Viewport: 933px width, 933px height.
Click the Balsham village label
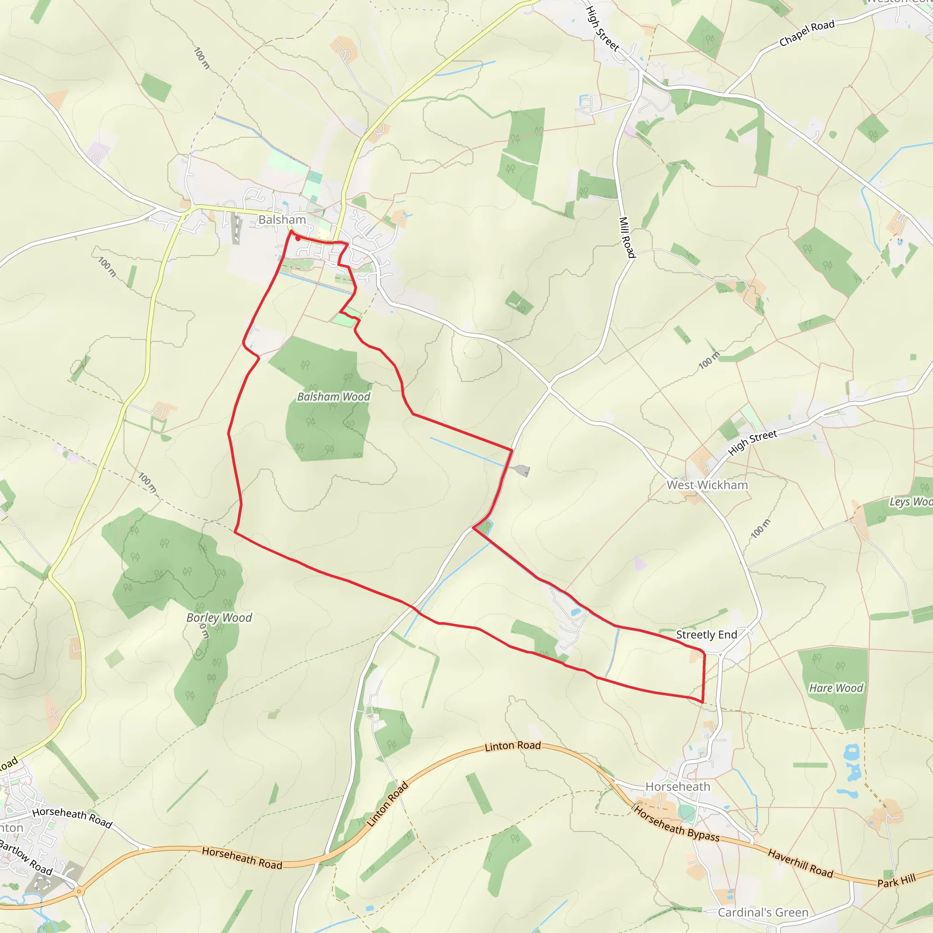coord(282,220)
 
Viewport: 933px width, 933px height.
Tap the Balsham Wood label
coord(333,396)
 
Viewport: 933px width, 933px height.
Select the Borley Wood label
coord(219,618)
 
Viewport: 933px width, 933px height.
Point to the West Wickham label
coord(707,485)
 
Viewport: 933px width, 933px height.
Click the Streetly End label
coord(706,635)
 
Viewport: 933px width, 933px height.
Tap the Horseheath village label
coord(677,787)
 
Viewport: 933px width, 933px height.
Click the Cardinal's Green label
coord(763,912)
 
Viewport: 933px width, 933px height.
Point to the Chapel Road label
coord(807,33)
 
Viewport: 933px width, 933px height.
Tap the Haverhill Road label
coord(800,863)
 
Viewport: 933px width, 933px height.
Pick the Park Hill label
coord(896,880)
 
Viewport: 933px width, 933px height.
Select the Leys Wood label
coord(911,502)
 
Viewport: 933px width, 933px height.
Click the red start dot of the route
coord(298,239)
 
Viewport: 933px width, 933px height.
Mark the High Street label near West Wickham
coord(753,442)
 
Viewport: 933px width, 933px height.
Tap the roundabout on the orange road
coord(79,892)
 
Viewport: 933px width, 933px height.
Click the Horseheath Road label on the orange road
coord(242,859)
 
